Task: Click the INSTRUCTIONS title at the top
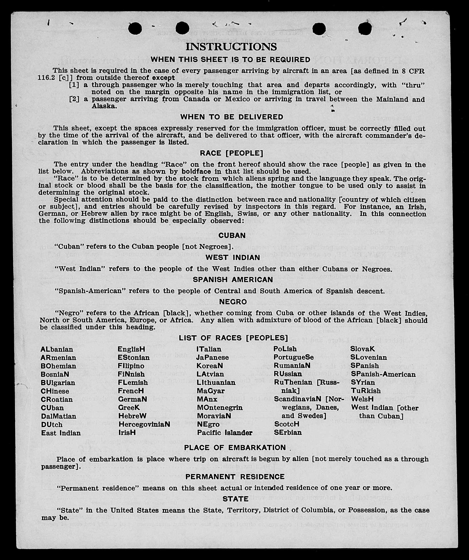pyautogui.click(x=231, y=47)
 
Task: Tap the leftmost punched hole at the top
pyautogui.click(x=135, y=29)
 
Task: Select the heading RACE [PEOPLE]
pyautogui.click(x=232, y=153)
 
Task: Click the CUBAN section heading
pyautogui.click(x=232, y=236)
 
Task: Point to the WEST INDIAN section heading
pyautogui.click(x=233, y=258)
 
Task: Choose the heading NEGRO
pyautogui.click(x=233, y=302)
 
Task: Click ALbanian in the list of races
pyautogui.click(x=57, y=349)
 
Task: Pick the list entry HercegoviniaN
pyautogui.click(x=144, y=424)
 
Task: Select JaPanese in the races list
pyautogui.click(x=212, y=357)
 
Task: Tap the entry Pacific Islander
pyautogui.click(x=225, y=432)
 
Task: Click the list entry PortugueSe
pyautogui.click(x=293, y=357)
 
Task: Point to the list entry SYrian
pyautogui.click(x=363, y=382)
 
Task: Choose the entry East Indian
pyautogui.click(x=61, y=433)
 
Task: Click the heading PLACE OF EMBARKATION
pyautogui.click(x=235, y=448)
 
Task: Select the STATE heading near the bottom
pyautogui.click(x=235, y=499)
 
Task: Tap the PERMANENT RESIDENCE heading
pyautogui.click(x=235, y=477)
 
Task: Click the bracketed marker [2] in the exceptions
pyautogui.click(x=74, y=99)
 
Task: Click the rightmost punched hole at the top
pyautogui.click(x=365, y=29)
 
